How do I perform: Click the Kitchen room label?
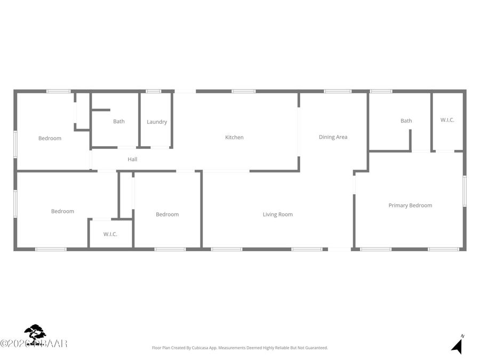point(234,138)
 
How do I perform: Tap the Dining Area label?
point(333,137)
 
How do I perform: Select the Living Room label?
point(277,214)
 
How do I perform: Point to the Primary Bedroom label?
point(410,205)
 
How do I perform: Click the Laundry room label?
point(157,122)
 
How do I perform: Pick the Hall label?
point(132,159)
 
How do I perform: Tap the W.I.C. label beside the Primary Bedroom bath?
point(447,120)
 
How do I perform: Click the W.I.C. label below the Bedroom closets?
point(110,234)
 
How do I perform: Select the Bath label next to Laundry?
point(118,122)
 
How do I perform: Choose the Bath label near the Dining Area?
point(406,121)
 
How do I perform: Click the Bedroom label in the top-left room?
point(50,139)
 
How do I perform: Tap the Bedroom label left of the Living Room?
point(167,214)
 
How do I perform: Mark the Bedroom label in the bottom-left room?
point(62,211)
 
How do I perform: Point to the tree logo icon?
point(35,334)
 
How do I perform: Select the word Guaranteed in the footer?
point(315,348)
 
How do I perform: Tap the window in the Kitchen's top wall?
point(243,91)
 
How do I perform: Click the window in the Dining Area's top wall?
point(338,91)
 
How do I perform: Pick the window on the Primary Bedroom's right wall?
point(465,191)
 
